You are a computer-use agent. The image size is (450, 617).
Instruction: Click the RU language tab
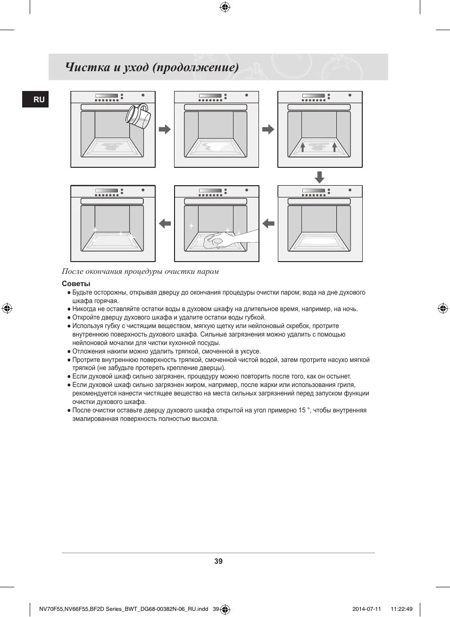tap(36, 99)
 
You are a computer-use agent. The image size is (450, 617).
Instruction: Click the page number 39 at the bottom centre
tap(218, 561)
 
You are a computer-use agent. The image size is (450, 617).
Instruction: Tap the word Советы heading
tap(76, 284)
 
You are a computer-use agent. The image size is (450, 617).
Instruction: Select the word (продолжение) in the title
tap(195, 67)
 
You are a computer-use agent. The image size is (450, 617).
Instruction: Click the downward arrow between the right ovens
tap(319, 177)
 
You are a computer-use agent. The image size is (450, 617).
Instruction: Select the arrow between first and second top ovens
tap(165, 129)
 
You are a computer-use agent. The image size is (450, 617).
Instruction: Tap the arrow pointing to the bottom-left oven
tap(165, 223)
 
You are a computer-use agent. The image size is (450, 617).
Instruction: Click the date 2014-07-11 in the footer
tap(367, 609)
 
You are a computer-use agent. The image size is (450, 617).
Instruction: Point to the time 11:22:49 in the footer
tap(401, 609)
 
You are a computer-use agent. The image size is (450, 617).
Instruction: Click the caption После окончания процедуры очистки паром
tap(140, 271)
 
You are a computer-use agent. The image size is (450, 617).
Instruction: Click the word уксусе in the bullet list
tap(250, 351)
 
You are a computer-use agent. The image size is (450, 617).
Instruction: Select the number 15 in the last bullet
tap(301, 411)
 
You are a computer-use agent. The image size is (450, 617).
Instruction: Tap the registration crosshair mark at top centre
tap(225, 7)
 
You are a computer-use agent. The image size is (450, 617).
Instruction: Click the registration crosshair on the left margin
tap(7, 309)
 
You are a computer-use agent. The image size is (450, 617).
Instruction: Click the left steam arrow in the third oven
tap(303, 148)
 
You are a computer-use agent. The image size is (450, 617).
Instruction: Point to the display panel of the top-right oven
tap(314, 96)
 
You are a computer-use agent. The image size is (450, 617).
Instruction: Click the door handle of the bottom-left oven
tap(112, 201)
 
